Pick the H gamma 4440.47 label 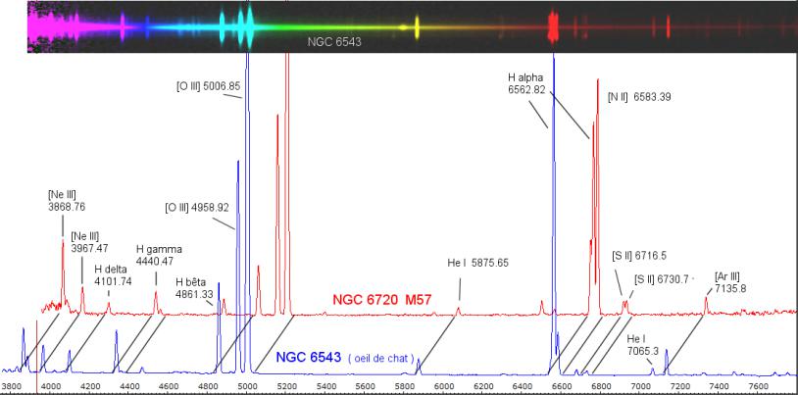pos(158,256)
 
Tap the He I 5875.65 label pos(477,263)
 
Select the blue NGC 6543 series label pos(308,359)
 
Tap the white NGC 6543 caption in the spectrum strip pos(326,42)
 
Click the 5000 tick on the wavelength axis pos(247,386)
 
